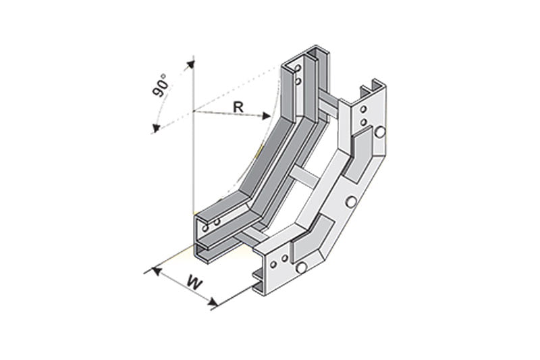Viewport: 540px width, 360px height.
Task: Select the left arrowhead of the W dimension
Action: (x=156, y=270)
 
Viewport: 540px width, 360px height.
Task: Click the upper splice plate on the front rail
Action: (x=361, y=145)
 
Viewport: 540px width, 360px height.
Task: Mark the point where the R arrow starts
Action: (x=194, y=109)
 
